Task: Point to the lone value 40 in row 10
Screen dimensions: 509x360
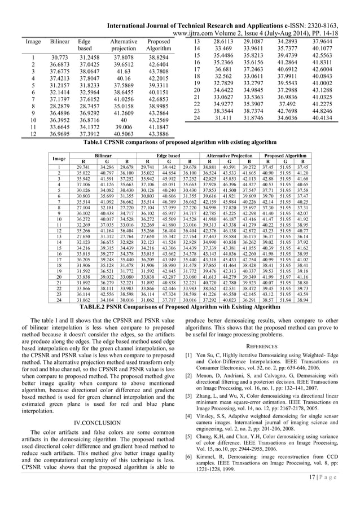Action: click(x=124, y=120)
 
